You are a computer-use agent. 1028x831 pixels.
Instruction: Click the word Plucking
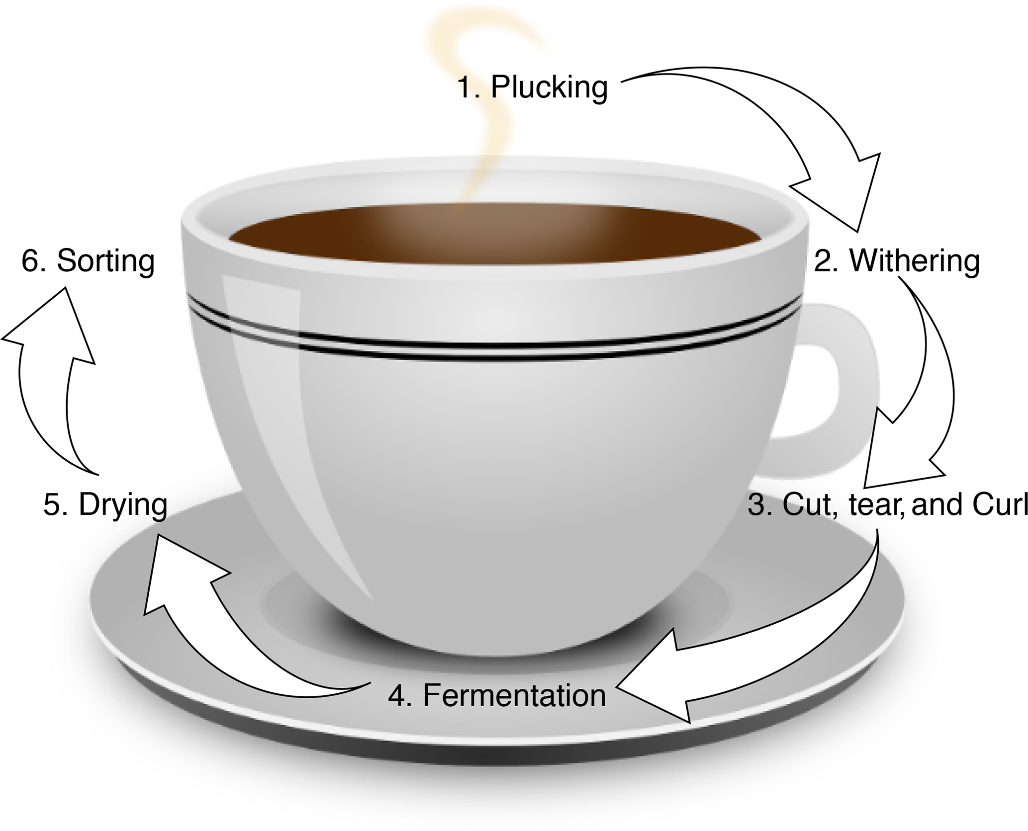pyautogui.click(x=549, y=87)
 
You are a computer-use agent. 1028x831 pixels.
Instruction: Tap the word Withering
pyautogui.click(x=915, y=260)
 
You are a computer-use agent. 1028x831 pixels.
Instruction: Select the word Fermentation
pyautogui.click(x=514, y=695)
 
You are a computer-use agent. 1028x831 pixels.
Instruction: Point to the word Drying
pyautogui.click(x=123, y=505)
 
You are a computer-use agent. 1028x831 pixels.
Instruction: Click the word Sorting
pyautogui.click(x=105, y=260)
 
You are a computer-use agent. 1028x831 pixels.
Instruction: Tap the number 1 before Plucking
pyautogui.click(x=467, y=87)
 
